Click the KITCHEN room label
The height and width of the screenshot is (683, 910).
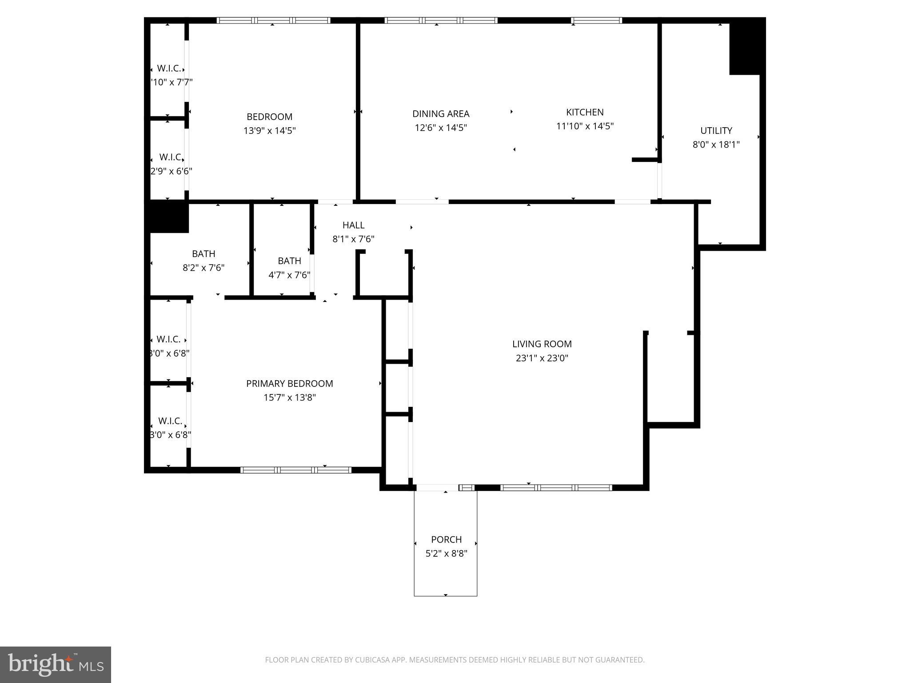[584, 112]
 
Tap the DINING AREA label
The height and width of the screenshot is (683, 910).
[440, 114]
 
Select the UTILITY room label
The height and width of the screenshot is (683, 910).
[716, 131]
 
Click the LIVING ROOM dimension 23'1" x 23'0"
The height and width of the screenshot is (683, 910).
[542, 358]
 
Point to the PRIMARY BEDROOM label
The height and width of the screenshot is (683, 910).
[289, 383]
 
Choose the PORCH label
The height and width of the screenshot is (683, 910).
[446, 539]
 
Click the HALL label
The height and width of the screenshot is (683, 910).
[353, 225]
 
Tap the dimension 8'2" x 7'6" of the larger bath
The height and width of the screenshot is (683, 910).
[204, 268]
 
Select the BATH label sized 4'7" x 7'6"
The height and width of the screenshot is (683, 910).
[289, 261]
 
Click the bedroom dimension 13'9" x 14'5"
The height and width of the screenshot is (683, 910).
[269, 131]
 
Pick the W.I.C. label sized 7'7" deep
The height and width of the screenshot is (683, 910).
[169, 68]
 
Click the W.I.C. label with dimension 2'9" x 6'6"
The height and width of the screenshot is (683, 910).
[171, 157]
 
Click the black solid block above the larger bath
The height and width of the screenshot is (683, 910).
[168, 217]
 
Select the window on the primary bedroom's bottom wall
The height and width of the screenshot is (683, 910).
[295, 470]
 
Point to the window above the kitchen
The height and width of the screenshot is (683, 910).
[596, 20]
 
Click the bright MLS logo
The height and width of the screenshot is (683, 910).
[55, 664]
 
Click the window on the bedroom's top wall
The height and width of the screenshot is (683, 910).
[273, 20]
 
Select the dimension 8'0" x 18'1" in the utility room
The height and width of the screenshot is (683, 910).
[716, 145]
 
